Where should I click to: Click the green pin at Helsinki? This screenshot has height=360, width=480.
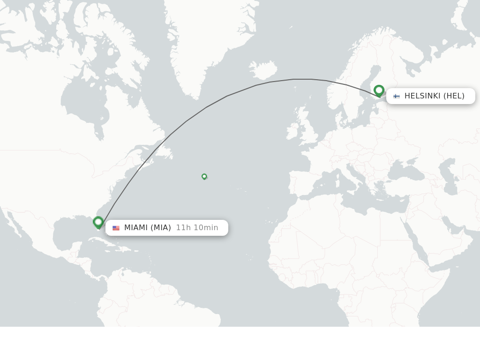coord(379,90)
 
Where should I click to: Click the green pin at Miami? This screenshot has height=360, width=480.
coord(98,222)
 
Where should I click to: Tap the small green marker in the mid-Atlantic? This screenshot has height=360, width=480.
coord(204,176)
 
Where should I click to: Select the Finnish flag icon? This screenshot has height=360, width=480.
coord(397,96)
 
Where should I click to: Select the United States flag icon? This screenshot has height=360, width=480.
coord(116,228)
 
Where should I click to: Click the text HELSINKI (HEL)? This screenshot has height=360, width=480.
coord(434,96)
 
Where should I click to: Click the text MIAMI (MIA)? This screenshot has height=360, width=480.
coord(147,228)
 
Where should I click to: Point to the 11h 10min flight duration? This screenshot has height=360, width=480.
coord(197,228)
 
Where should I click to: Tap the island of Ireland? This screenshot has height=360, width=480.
coord(292,131)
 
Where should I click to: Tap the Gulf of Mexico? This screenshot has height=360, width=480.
coord(70,232)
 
